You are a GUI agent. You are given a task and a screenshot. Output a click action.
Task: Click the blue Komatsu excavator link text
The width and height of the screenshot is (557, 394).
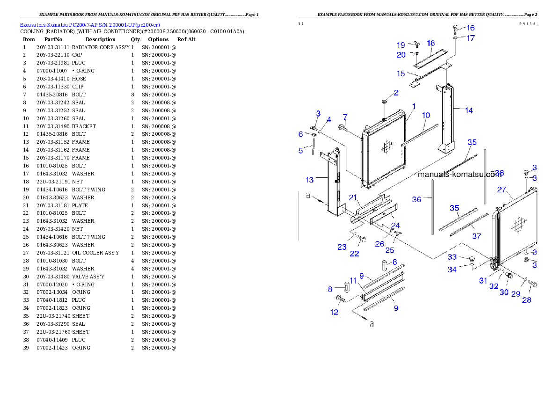(x=90, y=25)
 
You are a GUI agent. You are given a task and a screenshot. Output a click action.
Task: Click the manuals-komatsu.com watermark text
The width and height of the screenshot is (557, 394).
(x=459, y=175)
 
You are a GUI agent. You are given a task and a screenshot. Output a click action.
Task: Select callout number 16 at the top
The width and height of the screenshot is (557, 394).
(x=470, y=28)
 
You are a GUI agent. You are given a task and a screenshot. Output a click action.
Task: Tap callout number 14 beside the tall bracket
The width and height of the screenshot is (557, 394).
(x=469, y=110)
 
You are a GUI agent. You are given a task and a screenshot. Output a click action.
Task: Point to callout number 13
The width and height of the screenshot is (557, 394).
(x=309, y=180)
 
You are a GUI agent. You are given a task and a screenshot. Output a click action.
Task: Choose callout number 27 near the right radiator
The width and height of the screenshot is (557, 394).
(x=502, y=190)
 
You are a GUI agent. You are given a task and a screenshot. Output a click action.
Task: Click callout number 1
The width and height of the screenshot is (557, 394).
(x=414, y=107)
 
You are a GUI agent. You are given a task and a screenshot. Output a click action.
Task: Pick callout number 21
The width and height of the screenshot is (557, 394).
(x=353, y=197)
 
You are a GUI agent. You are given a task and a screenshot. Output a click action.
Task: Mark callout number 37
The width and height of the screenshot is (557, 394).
(x=476, y=236)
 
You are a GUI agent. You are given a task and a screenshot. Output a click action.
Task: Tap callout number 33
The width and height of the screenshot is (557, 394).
(x=452, y=257)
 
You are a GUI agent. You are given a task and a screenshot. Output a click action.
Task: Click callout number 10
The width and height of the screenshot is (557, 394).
(x=425, y=115)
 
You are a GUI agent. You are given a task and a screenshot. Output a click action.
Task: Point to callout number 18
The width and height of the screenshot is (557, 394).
(x=431, y=43)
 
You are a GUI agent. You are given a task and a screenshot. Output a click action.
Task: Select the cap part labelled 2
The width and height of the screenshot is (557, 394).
(x=384, y=101)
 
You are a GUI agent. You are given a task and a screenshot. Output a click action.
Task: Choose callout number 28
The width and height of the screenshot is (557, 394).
(x=527, y=300)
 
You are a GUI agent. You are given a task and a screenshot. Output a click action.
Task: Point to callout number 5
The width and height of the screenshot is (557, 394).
(x=300, y=150)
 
